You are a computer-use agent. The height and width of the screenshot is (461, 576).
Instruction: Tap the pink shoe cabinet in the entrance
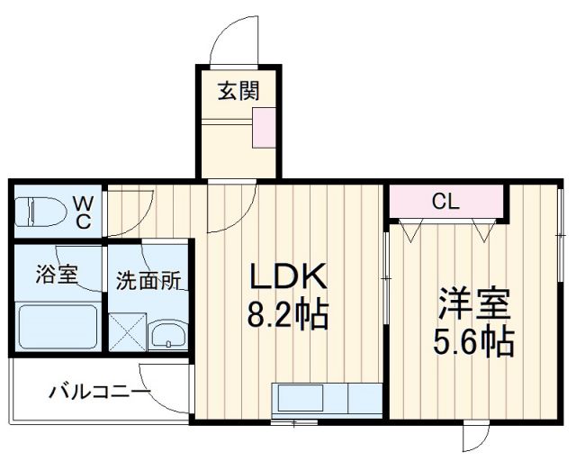pos(265,125)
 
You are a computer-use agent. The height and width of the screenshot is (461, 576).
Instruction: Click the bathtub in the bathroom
pos(58,330)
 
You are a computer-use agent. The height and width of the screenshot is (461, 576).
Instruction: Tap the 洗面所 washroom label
pos(148,280)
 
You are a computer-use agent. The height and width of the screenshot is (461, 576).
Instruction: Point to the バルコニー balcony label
pos(99,393)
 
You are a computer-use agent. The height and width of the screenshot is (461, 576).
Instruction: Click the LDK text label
pos(286,275)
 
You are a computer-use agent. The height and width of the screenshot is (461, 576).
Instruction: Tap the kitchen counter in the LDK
pos(328,399)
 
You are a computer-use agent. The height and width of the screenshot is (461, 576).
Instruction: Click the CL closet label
pos(445,202)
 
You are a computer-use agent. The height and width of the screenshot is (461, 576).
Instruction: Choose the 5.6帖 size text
pos(475,343)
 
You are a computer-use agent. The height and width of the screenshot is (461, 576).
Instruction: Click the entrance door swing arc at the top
pos(227,41)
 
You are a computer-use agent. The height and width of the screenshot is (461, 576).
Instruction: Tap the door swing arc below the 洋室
pos(475,440)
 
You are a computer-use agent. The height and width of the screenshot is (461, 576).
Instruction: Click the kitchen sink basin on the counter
pos(298,398)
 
